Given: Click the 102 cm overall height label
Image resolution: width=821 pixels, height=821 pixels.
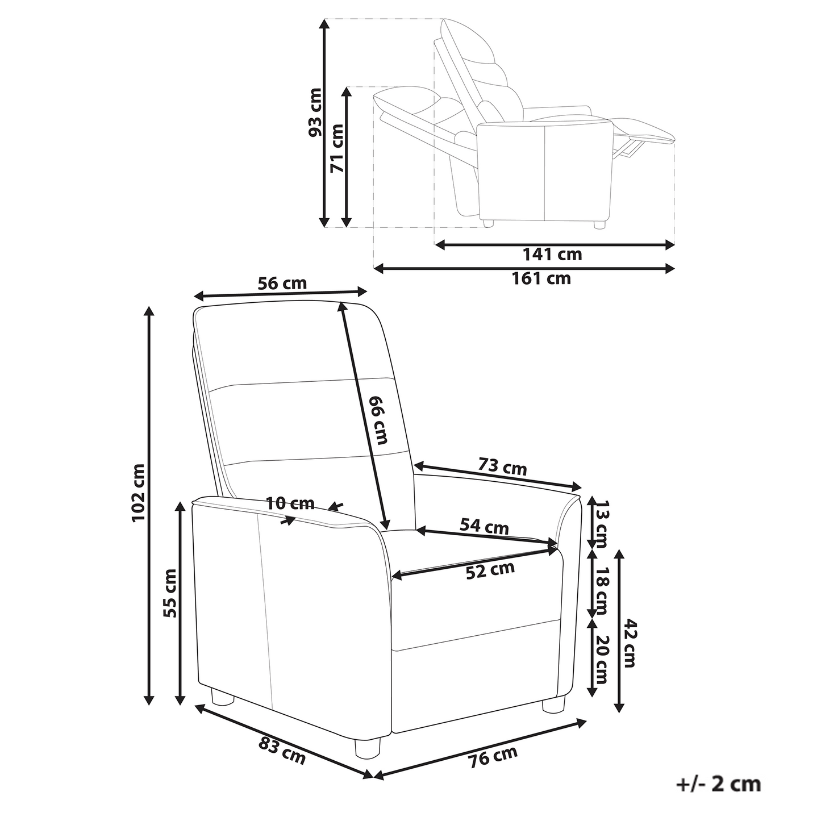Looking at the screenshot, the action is pos(139,493).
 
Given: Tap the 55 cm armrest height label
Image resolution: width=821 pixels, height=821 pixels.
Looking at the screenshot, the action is pos(170,593).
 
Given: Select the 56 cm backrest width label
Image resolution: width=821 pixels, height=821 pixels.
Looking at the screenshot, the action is pos(282,284).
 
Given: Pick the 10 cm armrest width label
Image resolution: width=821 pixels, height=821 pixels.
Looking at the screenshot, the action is pos(290,503).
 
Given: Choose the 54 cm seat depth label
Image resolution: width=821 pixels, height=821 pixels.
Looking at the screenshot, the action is pos(484,527).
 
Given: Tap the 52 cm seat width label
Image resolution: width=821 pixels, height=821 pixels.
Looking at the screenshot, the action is pos(490,571).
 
